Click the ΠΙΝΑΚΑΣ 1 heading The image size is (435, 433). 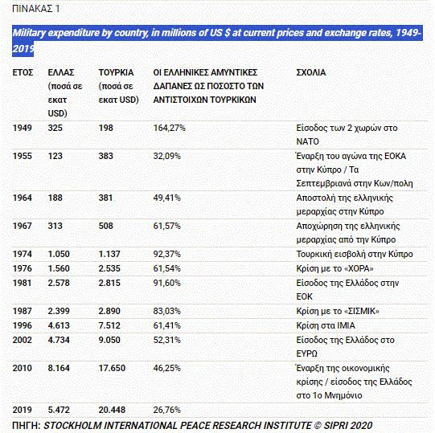tap(36, 9)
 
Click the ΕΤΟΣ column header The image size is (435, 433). tap(23, 72)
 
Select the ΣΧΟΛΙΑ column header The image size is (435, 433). tap(311, 72)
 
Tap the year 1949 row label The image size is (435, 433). tap(23, 128)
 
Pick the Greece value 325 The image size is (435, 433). tap(55, 128)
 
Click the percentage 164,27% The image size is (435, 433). tap(169, 128)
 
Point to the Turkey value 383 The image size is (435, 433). tap(105, 156)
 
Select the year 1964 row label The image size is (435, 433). tap(23, 198)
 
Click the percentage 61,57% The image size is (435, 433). tap(166, 226)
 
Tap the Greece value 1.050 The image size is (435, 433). tap(59, 254)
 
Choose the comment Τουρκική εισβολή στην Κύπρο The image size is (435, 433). tap(355, 254)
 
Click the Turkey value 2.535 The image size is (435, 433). tap(109, 268)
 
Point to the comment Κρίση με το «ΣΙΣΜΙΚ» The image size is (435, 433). tap(338, 312)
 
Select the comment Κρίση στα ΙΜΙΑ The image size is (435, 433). tap(326, 325)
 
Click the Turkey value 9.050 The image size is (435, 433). tap(109, 340)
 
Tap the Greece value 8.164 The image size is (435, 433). tap(59, 369)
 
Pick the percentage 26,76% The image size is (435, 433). tap(166, 410)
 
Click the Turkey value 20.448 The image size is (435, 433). tap(112, 410)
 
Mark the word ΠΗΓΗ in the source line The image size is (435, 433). tap(27, 426)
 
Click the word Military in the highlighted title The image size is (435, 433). tap(29, 33)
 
